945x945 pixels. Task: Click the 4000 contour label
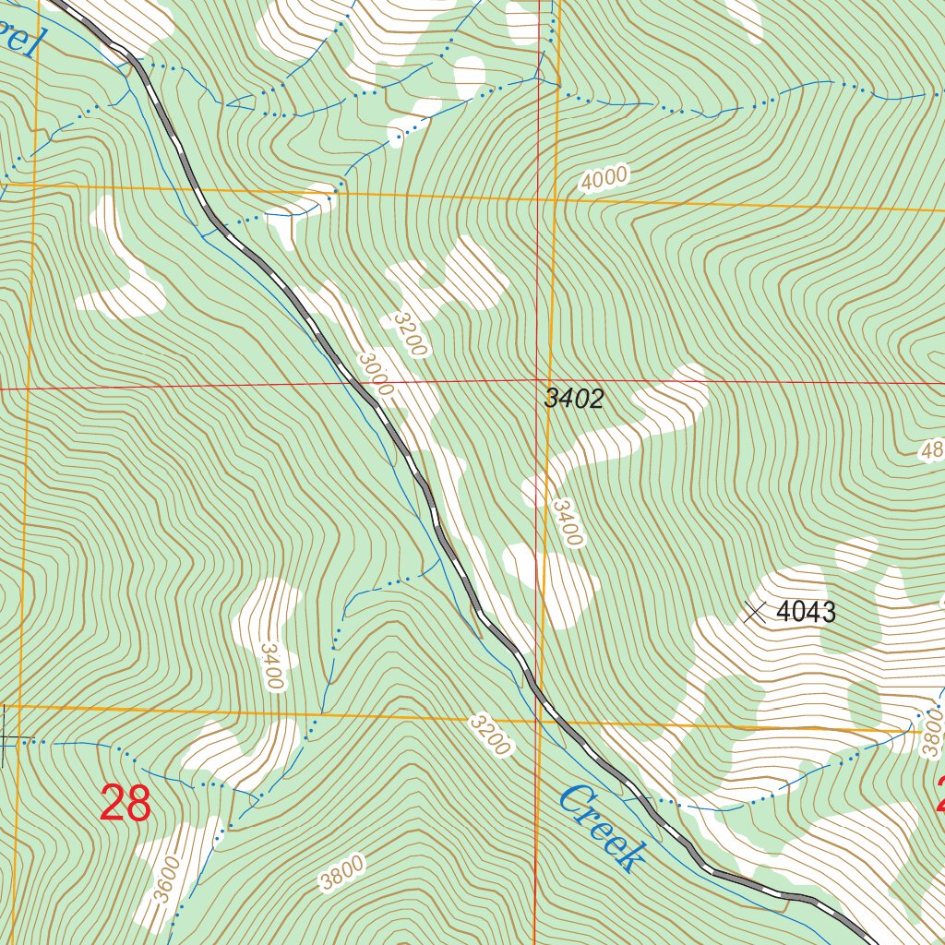tap(604, 178)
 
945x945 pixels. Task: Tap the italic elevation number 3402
tap(573, 399)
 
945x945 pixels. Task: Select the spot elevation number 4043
tap(806, 612)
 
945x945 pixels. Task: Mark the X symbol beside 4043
tap(755, 612)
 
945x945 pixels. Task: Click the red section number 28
tap(126, 803)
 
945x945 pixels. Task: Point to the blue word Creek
tap(601, 829)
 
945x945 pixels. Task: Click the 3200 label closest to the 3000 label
tap(409, 333)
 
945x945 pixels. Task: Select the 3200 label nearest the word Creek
tap(489, 735)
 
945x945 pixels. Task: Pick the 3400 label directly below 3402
tap(568, 522)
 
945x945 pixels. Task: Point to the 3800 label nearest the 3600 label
tap(342, 873)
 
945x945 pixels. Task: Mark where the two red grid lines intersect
tap(539, 379)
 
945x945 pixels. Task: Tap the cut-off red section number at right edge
tap(940, 794)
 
